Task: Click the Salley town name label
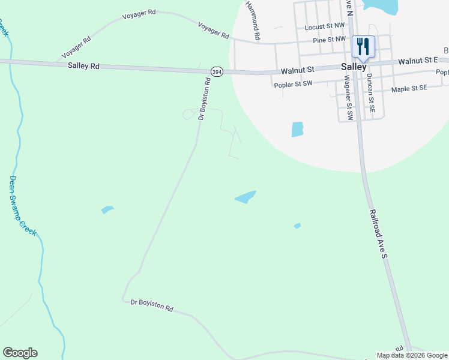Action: [x=354, y=67]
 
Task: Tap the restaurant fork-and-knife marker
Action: [x=363, y=46]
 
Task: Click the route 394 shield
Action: [x=217, y=71]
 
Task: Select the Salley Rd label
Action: [x=84, y=66]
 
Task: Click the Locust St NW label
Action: [x=325, y=26]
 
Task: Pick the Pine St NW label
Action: [x=330, y=40]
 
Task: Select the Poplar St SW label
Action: [x=293, y=85]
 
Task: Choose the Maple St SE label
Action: [x=409, y=88]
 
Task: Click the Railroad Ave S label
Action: [x=379, y=233]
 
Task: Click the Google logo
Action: [x=20, y=353]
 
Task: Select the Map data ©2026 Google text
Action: [x=412, y=355]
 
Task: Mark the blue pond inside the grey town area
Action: [x=297, y=129]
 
